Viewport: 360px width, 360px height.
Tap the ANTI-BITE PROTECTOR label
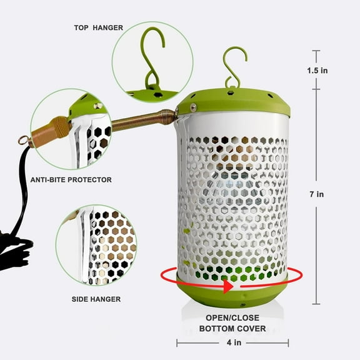[x=71, y=180]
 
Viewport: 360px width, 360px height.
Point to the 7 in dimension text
[x=316, y=194]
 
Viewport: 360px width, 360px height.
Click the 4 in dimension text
[x=232, y=342]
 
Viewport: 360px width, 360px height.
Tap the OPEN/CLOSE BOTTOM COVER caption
[x=232, y=322]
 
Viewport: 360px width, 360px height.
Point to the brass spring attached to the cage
[x=144, y=119]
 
